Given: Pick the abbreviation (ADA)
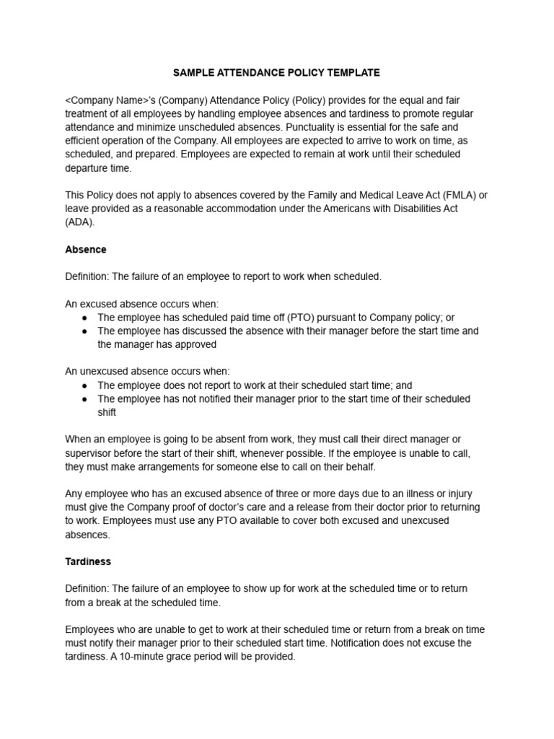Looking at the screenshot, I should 79,222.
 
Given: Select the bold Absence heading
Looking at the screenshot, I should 86,250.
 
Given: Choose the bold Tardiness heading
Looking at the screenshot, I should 88,561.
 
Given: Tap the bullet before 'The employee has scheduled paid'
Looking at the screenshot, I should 85,318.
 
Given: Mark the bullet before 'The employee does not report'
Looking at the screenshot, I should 85,386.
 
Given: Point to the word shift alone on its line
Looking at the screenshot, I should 107,413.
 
